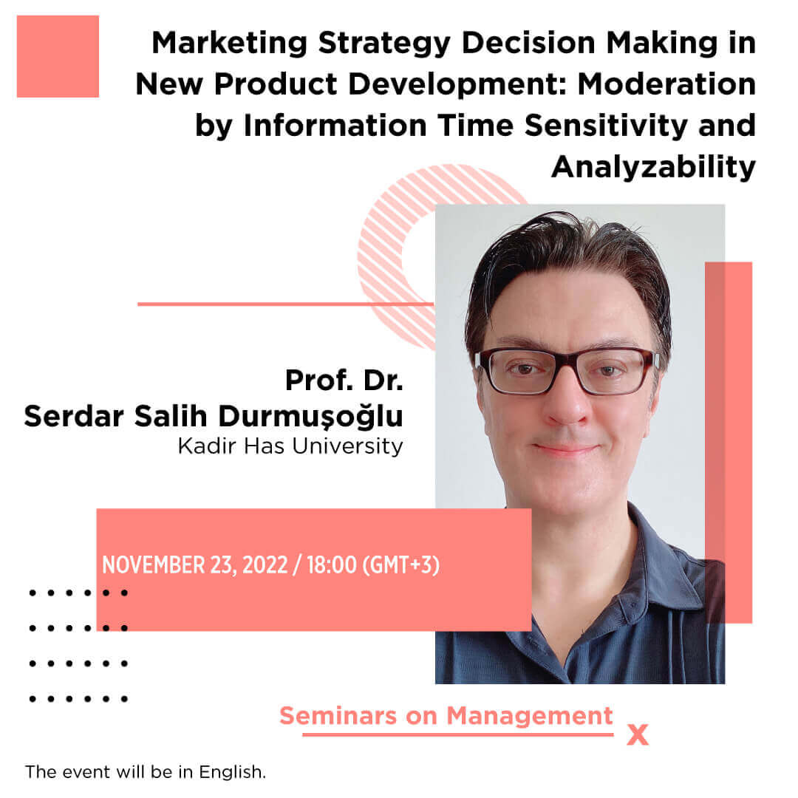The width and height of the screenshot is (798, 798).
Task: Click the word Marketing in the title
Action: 230,43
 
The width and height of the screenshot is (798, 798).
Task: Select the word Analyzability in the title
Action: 653,168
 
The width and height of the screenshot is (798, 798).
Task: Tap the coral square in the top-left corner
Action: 58,56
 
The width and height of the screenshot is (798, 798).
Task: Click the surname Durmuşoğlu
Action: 310,416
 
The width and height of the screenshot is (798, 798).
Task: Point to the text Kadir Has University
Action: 290,446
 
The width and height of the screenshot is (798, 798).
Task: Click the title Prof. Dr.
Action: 344,381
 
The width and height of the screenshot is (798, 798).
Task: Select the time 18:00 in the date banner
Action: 331,565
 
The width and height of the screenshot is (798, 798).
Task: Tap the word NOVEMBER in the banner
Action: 154,565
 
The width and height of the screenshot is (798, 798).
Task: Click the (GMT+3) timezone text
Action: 401,565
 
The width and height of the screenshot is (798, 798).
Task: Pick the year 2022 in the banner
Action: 265,565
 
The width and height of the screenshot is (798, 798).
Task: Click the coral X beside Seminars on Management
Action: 638,735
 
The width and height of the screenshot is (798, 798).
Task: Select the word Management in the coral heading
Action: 530,716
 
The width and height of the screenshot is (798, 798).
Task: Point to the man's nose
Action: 566,401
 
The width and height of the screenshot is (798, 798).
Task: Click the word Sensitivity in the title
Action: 606,126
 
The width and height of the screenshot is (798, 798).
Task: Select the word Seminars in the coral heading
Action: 338,716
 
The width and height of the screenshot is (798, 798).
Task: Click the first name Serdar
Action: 74,416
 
